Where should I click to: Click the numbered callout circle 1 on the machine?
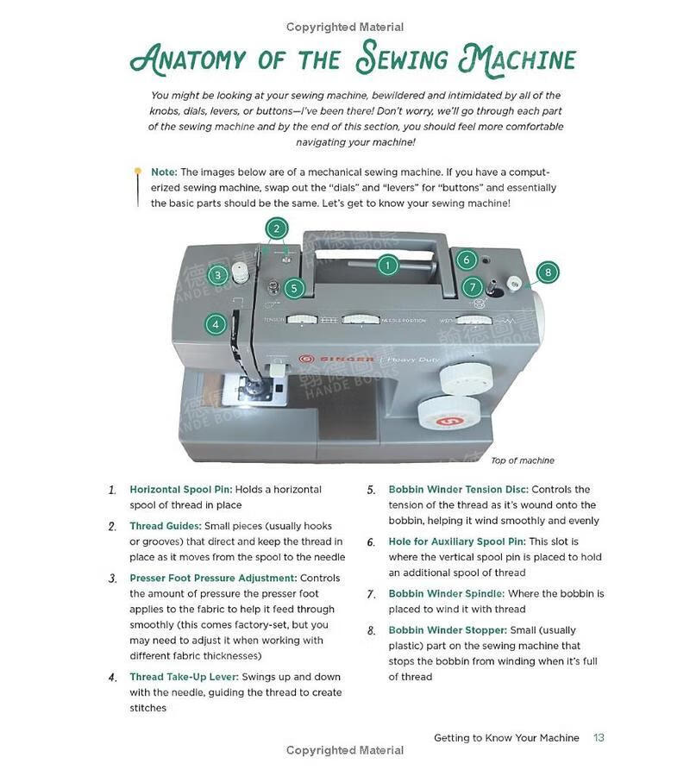(388, 266)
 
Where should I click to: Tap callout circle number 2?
(276, 228)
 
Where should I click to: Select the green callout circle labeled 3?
(218, 275)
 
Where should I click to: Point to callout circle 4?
(216, 325)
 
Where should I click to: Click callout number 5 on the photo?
(294, 288)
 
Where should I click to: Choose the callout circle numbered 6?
(467, 260)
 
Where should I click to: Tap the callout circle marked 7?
(472, 287)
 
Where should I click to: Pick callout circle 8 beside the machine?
(548, 272)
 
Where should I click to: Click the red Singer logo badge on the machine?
(304, 359)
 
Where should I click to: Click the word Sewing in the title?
(404, 60)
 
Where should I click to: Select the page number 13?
(599, 737)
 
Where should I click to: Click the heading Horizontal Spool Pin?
(181, 489)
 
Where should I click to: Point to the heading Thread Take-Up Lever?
(184, 677)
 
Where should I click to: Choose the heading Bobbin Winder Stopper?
(448, 630)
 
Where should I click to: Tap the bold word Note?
(164, 172)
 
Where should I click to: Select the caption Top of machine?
(523, 460)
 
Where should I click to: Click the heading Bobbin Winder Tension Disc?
(458, 489)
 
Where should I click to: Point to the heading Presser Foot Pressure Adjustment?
(213, 578)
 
